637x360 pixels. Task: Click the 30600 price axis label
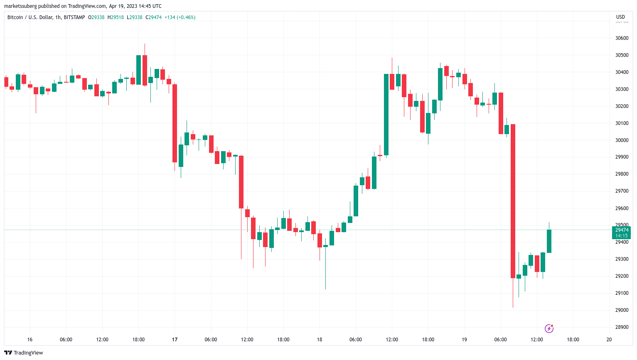[x=622, y=38]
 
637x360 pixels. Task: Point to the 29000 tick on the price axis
[x=622, y=310]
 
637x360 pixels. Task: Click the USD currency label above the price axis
[x=620, y=17]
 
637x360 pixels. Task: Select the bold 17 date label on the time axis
[x=175, y=340]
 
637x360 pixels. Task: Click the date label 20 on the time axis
[x=609, y=340]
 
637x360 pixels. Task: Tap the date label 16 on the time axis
[x=30, y=340]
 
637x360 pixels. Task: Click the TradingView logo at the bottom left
[x=24, y=353]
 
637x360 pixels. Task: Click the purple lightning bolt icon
[x=549, y=329]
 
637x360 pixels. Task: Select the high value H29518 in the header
[x=116, y=17]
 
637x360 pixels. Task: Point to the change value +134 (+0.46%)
[x=180, y=17]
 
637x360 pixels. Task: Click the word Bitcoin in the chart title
[x=15, y=17]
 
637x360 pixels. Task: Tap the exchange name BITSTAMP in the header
[x=74, y=17]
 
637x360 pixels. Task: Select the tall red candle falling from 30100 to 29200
[x=513, y=201]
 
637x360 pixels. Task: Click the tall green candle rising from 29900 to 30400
[x=386, y=115]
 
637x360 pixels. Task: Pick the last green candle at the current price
[x=549, y=241]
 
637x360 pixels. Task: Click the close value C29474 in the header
[x=154, y=17]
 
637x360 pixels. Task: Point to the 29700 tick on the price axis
[x=622, y=191]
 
